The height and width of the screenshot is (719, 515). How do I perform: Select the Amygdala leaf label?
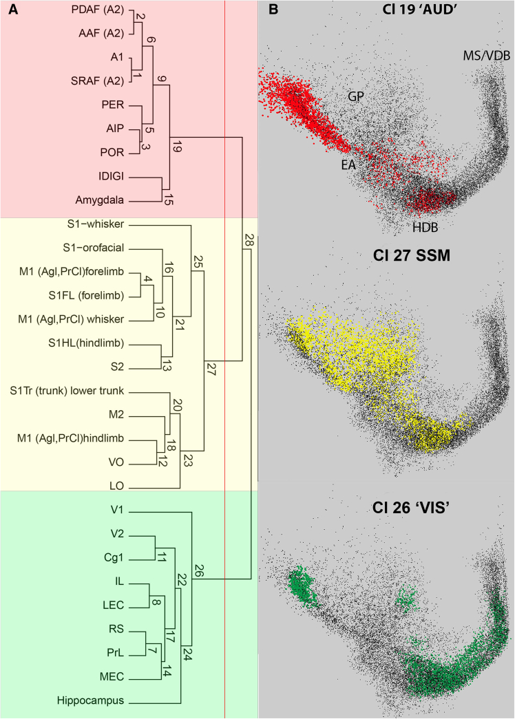coord(100,201)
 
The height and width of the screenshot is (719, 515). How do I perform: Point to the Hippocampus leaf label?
coord(91,702)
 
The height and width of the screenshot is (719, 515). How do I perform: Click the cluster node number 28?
coord(249,239)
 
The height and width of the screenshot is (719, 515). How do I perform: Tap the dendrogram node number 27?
coord(211,369)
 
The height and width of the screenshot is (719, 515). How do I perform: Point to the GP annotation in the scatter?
coord(355,96)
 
